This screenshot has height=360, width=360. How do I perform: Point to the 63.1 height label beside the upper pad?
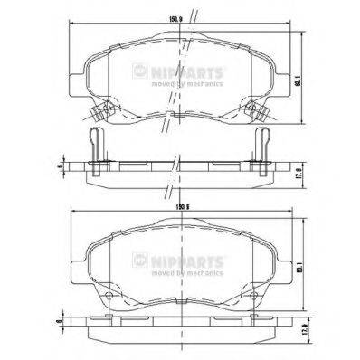(298, 81)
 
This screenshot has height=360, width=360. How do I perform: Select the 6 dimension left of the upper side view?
(58, 166)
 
